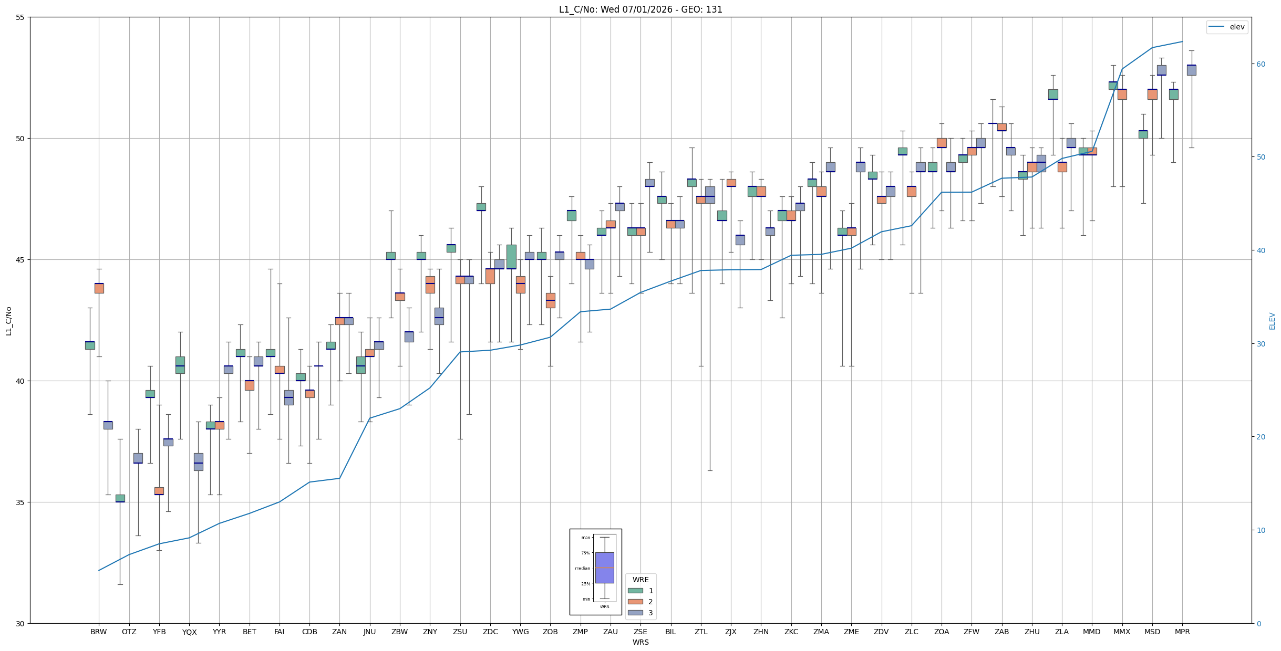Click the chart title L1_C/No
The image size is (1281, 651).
coord(640,9)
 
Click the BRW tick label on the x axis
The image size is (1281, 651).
coord(99,632)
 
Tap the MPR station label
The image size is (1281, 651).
coord(1182,632)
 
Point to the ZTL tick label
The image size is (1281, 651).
coord(701,632)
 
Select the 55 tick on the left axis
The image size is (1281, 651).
coord(20,18)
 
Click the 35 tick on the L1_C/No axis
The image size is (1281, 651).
coord(20,502)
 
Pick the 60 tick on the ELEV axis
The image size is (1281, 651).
coord(1261,64)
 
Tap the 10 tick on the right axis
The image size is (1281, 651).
coord(1261,530)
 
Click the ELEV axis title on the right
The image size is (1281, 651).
coord(1272,321)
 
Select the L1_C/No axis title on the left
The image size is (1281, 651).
coord(8,321)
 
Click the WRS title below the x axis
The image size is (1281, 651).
coord(640,642)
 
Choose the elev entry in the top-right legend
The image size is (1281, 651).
coord(1226,27)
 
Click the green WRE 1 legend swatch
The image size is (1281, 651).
coord(635,591)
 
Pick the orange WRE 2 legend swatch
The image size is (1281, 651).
coord(635,602)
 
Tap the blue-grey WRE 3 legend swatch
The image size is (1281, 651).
coord(635,613)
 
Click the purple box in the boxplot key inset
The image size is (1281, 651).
coord(605,568)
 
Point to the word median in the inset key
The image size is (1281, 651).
coord(582,568)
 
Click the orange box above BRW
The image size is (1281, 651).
coord(99,288)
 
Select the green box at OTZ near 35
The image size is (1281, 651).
coord(120,498)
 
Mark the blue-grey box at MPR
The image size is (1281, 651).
coord(1191,70)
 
